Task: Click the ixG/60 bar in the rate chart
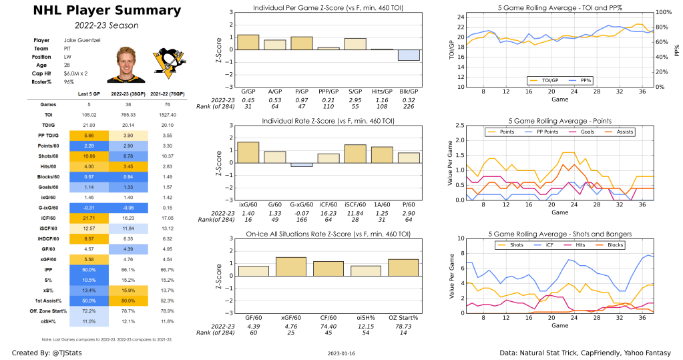(248, 153)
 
